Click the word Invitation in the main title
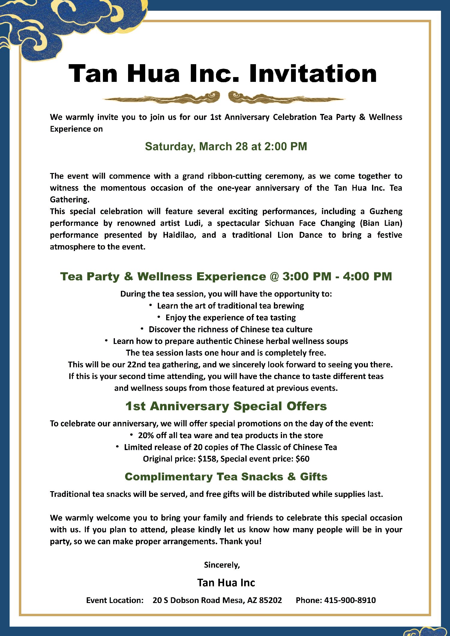[x=313, y=74]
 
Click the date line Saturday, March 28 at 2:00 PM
[x=226, y=147]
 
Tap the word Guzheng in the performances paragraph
[x=386, y=211]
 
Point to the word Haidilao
[x=179, y=235]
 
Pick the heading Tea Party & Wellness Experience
[x=163, y=276]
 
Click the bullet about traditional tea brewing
[x=230, y=306]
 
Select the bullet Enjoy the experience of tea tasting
[x=230, y=318]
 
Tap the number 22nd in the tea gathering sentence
[x=136, y=365]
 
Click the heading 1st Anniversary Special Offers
[x=226, y=406]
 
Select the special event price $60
[x=302, y=459]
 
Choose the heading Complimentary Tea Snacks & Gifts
[x=226, y=477]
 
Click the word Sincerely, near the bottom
[x=222, y=565]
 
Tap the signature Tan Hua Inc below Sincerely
[x=226, y=583]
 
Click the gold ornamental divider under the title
[x=224, y=98]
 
